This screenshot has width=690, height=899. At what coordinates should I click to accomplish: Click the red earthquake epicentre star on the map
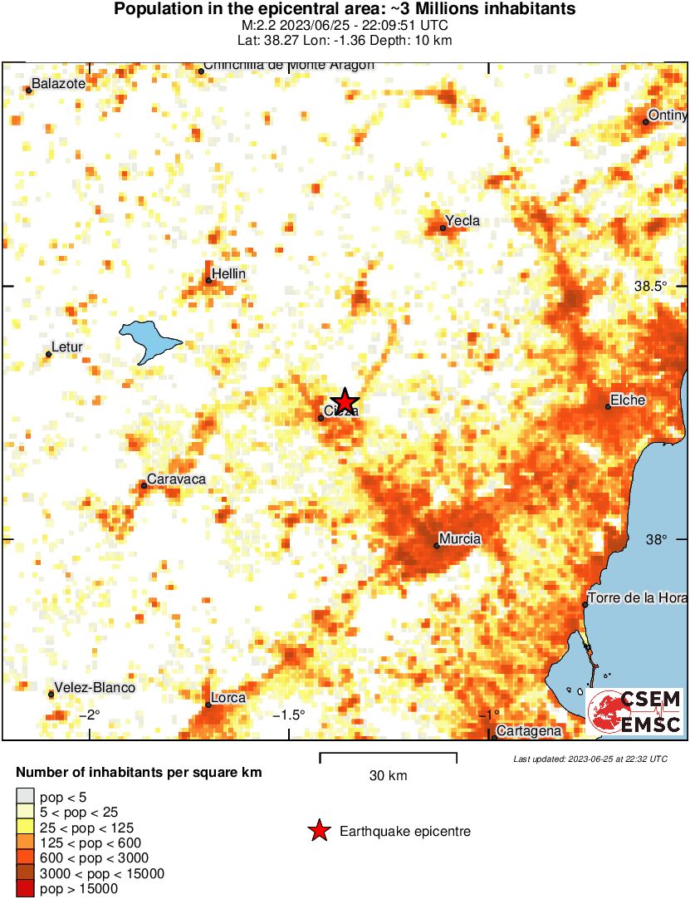tap(344, 400)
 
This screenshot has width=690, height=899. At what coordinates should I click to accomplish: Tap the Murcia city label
tap(462, 539)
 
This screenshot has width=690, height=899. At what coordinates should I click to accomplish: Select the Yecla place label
tap(463, 221)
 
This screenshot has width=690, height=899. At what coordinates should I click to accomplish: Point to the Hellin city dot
tap(208, 281)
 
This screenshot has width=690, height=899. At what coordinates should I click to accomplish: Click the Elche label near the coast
tap(628, 400)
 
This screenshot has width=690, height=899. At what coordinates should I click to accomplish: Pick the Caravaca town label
tap(176, 480)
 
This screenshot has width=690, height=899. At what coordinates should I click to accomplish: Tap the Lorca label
tap(228, 698)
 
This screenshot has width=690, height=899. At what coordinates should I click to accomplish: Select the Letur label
tap(67, 347)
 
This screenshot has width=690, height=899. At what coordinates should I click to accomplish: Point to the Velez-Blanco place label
tap(95, 687)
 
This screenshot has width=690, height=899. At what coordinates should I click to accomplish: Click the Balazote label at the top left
tap(59, 83)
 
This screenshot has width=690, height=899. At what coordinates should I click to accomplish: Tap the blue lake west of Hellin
tap(149, 339)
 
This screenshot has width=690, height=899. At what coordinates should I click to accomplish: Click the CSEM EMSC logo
tap(635, 712)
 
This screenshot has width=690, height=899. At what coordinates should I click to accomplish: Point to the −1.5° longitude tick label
tap(290, 715)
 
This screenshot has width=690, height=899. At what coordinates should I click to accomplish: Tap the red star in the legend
tap(318, 831)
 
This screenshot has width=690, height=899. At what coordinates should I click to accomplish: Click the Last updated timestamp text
tap(590, 759)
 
